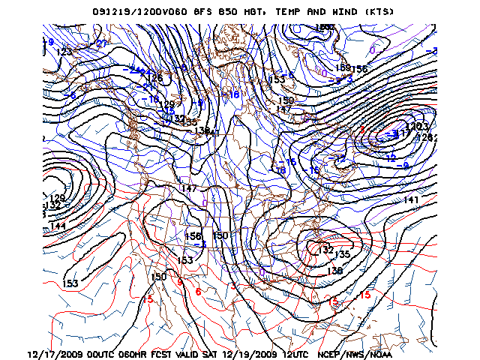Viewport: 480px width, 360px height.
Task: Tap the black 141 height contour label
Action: (411, 199)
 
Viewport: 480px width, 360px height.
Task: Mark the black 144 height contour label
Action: (58, 226)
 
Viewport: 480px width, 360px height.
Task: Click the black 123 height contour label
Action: (64, 52)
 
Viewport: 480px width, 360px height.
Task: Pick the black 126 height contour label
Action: (155, 78)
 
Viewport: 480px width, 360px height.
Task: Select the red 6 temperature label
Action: (198, 291)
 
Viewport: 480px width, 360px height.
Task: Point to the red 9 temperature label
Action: (180, 282)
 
